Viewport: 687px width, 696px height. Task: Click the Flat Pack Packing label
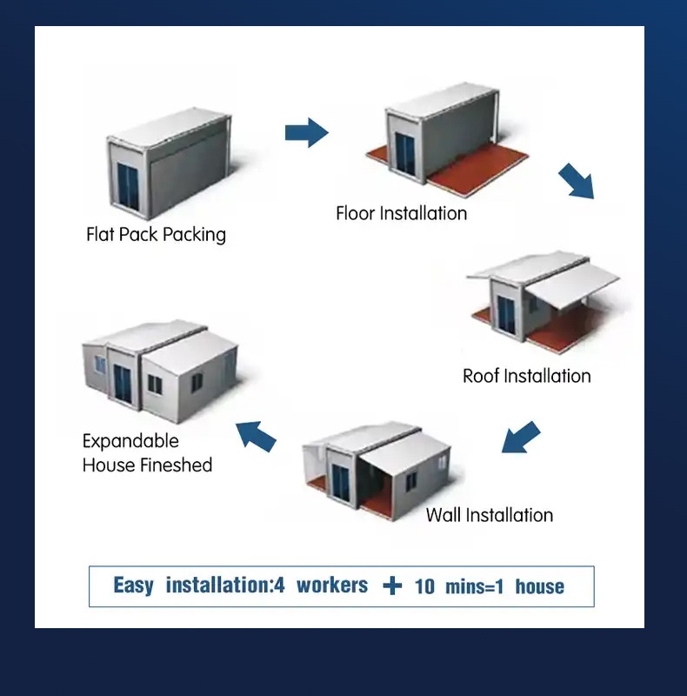point(156,235)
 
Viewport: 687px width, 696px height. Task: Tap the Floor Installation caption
point(401,213)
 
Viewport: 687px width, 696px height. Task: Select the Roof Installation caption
point(526,376)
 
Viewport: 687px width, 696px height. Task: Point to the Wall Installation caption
point(489,514)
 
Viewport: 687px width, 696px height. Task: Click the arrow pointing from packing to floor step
point(306,133)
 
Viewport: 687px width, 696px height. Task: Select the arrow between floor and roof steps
point(576,180)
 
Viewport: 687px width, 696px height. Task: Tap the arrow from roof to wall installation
point(521,438)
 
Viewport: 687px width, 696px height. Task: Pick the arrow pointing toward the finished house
point(257,434)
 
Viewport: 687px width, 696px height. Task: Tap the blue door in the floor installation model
point(405,155)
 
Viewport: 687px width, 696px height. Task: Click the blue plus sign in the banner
point(393,586)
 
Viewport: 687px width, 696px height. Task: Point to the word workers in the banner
point(332,586)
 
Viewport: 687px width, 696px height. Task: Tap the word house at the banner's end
point(539,586)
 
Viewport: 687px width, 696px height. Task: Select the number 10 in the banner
point(424,586)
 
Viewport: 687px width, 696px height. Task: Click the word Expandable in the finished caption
point(130,441)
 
